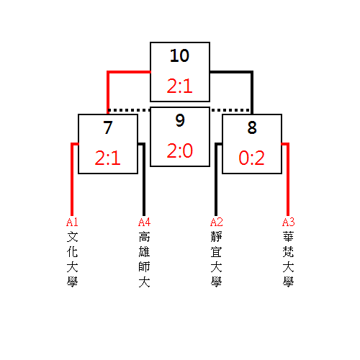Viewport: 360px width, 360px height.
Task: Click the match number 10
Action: pos(179,55)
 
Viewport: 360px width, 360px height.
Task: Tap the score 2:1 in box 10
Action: pos(179,86)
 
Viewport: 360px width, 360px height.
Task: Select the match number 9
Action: pos(180,120)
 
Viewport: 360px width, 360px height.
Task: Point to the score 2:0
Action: pos(180,150)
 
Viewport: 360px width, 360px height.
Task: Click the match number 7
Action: pos(108,127)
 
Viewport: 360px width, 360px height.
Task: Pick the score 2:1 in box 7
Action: pos(107,158)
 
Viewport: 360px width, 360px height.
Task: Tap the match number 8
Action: pos(252,127)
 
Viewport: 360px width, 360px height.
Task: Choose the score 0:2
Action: pos(251,158)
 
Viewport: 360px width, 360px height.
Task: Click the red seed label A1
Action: pos(72,222)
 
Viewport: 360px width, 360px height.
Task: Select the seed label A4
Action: pos(144,222)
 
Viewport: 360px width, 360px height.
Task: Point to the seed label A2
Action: pos(216,222)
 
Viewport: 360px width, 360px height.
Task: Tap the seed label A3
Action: pos(288,222)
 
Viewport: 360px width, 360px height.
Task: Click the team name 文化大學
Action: pos(72,259)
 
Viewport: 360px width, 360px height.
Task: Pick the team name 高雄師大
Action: pos(144,259)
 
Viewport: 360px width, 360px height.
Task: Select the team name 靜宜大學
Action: pos(216,259)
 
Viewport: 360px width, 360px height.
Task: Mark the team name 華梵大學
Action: pos(288,259)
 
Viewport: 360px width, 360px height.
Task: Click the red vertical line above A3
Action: pos(288,179)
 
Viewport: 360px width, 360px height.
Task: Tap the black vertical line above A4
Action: pos(144,179)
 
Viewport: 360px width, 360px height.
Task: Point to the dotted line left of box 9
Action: pos(129,110)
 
